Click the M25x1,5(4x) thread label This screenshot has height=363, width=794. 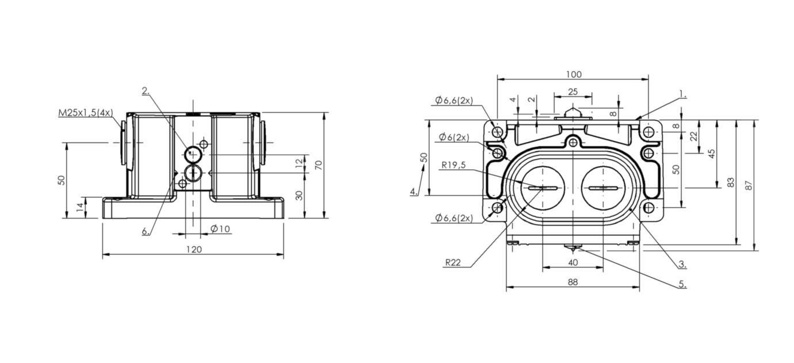click(x=85, y=113)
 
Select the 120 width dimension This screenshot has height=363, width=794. click(x=194, y=250)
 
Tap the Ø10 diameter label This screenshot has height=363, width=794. click(x=220, y=229)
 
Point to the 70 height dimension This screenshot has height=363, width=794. click(x=318, y=165)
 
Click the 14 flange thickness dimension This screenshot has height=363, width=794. click(x=80, y=207)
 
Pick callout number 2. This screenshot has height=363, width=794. click(x=146, y=91)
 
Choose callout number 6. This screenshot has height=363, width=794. click(x=146, y=231)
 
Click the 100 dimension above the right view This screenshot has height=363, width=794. click(x=574, y=74)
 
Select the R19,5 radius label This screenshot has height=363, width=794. click(x=453, y=165)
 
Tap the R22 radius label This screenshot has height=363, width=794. click(x=453, y=262)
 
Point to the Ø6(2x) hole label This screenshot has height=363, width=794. click(x=454, y=137)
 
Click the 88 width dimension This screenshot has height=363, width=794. click(x=573, y=282)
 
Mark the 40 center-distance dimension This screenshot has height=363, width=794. click(x=573, y=262)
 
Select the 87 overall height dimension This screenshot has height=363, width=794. click(x=749, y=185)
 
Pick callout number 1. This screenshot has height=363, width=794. click(x=683, y=94)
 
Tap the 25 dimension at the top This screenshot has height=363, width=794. click(x=573, y=92)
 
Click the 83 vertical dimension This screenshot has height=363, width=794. click(x=731, y=182)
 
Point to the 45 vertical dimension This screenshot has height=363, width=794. click(x=711, y=154)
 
